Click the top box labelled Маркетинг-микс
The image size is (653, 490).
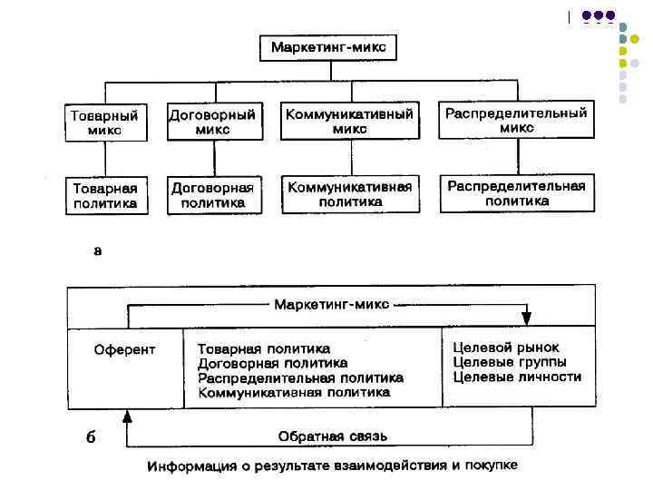(327, 48)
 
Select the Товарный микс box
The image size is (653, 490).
(105, 122)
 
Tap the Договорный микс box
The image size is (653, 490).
(212, 122)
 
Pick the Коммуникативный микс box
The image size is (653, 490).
(349, 122)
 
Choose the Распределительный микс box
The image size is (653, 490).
(516, 121)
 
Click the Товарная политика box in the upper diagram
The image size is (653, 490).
(105, 195)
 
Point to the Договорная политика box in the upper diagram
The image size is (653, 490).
(212, 195)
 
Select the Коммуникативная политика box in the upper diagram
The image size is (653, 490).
(349, 194)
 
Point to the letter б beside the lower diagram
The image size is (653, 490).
(90, 437)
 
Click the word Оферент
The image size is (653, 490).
(125, 349)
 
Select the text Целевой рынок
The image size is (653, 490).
(506, 348)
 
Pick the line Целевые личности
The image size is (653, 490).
(516, 377)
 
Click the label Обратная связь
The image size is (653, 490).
(332, 436)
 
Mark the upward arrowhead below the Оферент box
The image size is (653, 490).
(127, 416)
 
